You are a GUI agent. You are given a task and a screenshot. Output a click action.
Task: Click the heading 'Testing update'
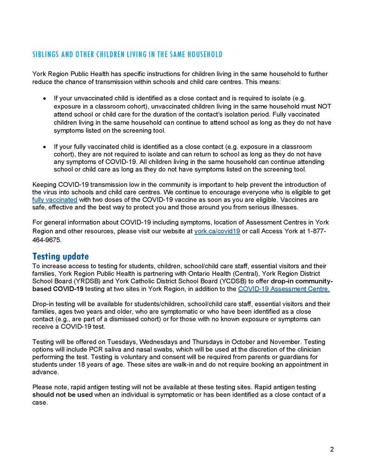(x=60, y=256)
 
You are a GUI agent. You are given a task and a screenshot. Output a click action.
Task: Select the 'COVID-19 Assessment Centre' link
(x=284, y=289)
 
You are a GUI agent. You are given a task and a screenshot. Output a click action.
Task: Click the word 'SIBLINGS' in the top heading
(x=46, y=55)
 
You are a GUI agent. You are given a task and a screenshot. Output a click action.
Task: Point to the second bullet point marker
(x=44, y=146)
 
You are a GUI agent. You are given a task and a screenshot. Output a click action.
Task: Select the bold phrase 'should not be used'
(x=62, y=394)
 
